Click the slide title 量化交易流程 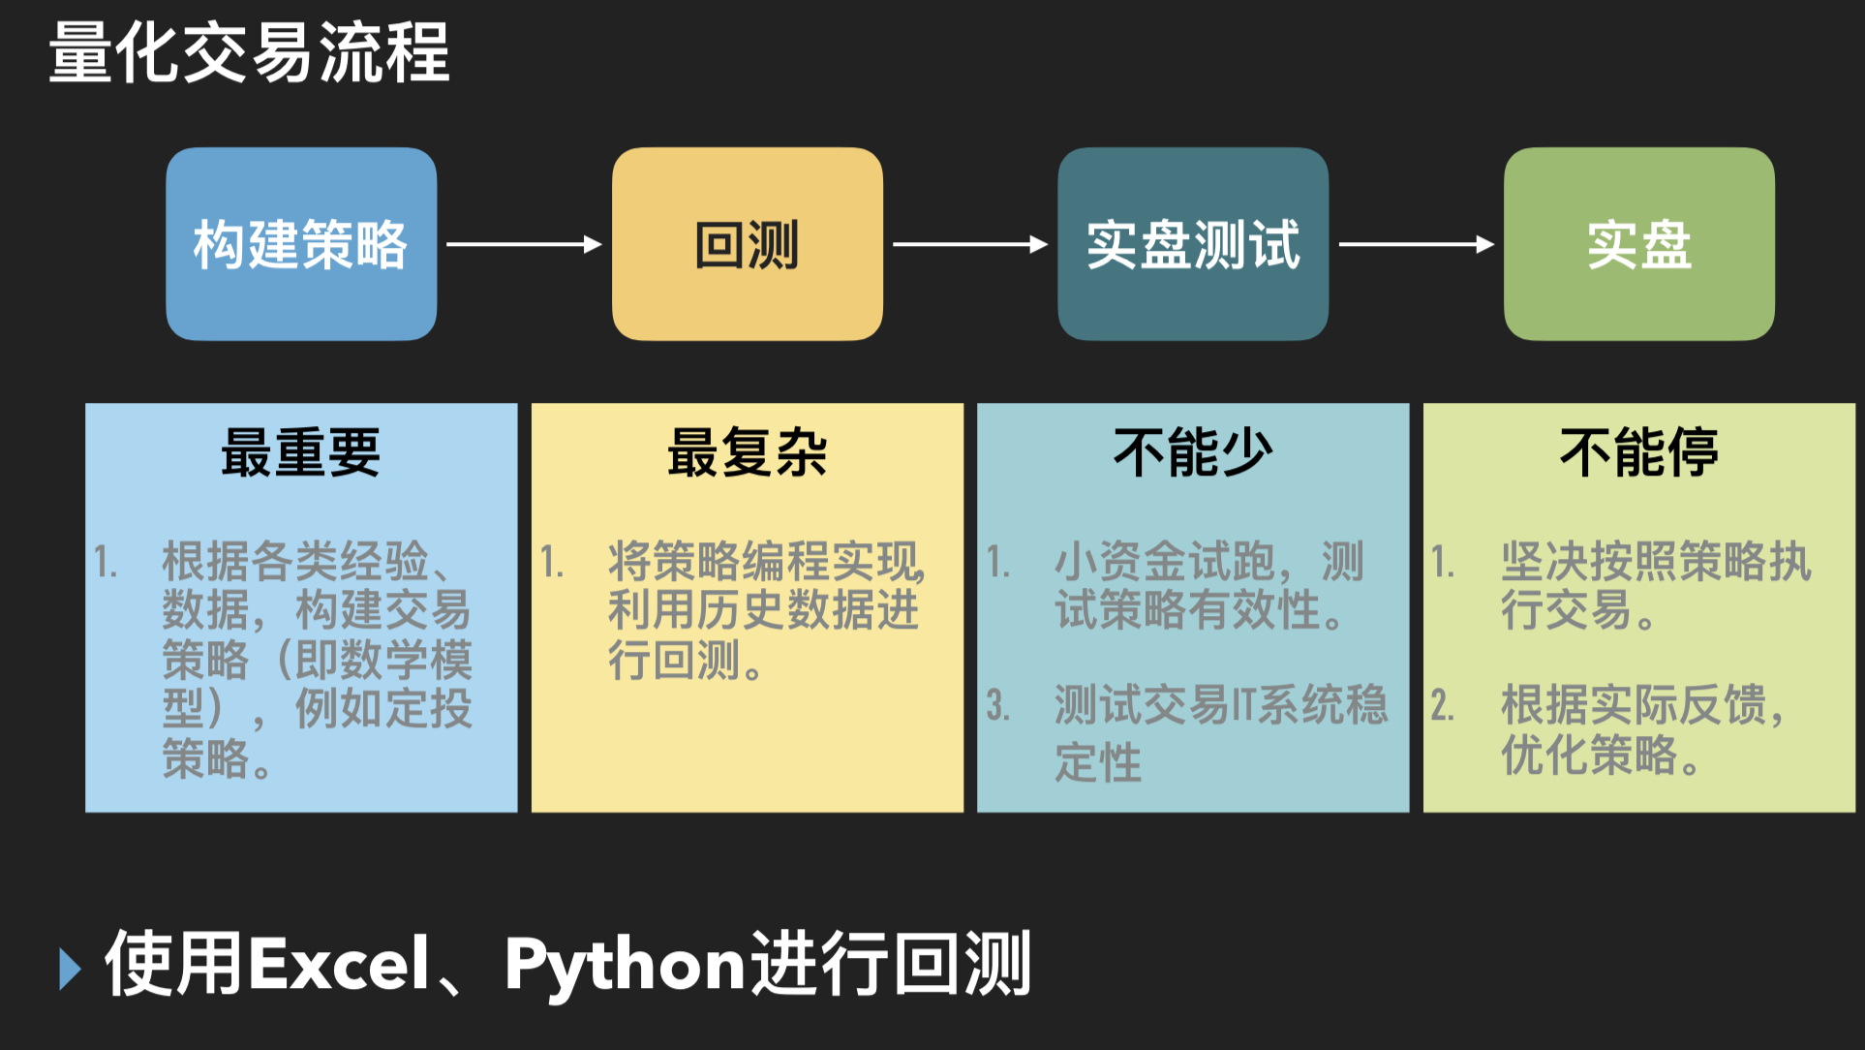click(249, 52)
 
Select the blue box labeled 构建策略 click(301, 244)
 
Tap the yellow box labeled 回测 click(747, 244)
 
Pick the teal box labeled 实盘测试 click(1192, 244)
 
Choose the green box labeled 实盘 click(1638, 244)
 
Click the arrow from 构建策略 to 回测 click(524, 244)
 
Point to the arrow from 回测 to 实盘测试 click(969, 244)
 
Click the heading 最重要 click(301, 452)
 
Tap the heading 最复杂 click(747, 452)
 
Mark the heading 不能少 click(1192, 452)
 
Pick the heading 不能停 click(1638, 452)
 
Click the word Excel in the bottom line click(340, 965)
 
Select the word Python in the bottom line click(626, 965)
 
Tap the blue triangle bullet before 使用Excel click(70, 968)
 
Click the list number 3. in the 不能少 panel click(997, 705)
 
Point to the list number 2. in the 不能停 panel click(1442, 705)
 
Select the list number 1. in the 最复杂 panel click(552, 562)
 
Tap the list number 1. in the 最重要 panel click(106, 562)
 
